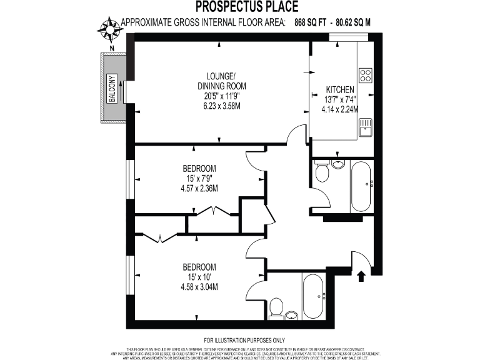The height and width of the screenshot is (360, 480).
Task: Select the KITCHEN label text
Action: click(340, 90)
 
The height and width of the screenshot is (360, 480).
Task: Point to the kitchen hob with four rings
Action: click(366, 75)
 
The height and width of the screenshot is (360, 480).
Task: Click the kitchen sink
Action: click(365, 127)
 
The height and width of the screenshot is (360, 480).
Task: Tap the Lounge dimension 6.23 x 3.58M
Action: click(222, 106)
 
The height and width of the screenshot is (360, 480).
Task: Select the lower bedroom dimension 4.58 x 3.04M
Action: click(199, 287)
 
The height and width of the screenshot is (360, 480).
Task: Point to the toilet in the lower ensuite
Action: click(277, 308)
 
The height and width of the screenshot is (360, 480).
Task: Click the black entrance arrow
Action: click(361, 276)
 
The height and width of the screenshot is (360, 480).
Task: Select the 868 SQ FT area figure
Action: click(310, 22)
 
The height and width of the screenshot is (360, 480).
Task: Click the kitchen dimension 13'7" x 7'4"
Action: click(340, 99)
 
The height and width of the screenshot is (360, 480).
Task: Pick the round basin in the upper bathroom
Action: click(337, 165)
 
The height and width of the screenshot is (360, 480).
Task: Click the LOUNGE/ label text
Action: click(222, 76)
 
